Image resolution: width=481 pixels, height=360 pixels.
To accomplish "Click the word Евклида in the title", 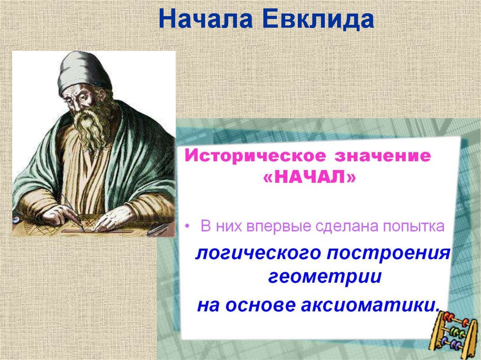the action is [318, 20].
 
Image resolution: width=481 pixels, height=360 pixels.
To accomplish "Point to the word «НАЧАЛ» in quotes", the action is [310, 177].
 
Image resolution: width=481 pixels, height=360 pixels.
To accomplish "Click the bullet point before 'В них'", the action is [187, 227].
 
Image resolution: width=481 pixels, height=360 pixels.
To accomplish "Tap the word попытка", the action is [414, 226].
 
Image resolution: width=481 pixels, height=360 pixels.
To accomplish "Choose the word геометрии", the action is [325, 276].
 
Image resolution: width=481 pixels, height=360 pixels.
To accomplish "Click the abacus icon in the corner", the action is [453, 330].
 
